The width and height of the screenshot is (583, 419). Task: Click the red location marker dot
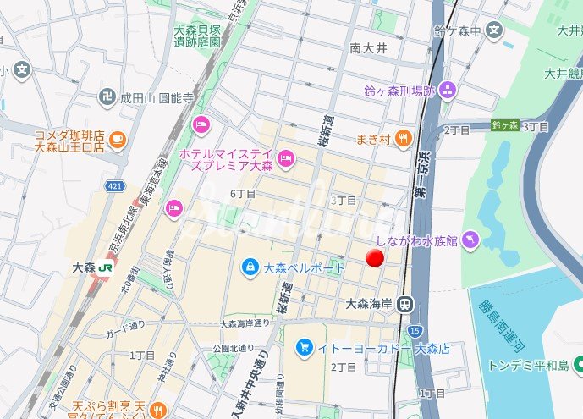376,260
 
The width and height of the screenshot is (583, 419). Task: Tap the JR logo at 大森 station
107,266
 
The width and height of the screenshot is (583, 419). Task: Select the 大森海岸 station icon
407,303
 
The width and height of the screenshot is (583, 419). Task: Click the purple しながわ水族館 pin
471,241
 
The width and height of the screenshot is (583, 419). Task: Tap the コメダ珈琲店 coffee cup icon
118,140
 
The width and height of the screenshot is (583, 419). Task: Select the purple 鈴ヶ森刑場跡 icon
447,90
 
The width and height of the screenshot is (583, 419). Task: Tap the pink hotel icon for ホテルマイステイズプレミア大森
286,157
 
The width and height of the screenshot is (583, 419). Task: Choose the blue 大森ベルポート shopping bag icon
250,267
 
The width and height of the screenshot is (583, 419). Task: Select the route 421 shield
114,185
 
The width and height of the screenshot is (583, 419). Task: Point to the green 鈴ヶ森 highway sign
505,125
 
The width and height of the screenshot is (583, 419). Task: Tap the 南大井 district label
368,49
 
